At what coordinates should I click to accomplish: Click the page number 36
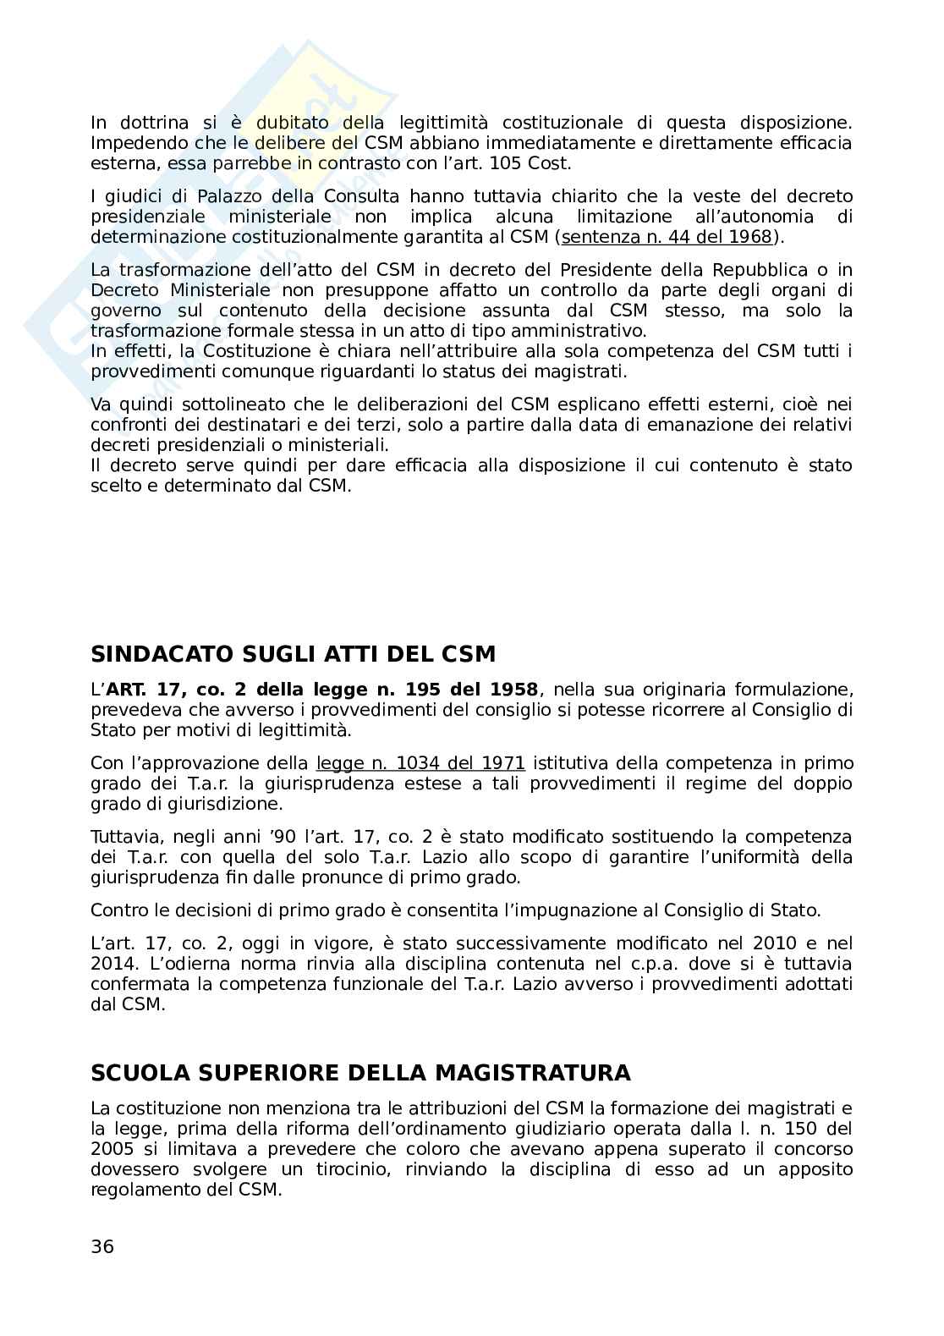click(102, 1246)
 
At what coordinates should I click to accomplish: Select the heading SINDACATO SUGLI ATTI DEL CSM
click(293, 654)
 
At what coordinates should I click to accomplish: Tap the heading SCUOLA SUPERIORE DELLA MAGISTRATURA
click(360, 1073)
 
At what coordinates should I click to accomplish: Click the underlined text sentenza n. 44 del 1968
click(667, 237)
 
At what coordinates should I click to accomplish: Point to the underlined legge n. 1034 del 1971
click(420, 763)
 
